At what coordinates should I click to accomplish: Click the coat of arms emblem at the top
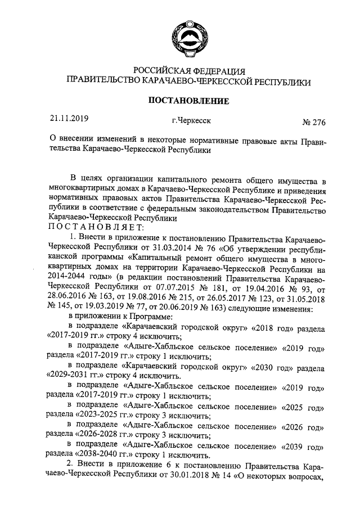tap(188, 33)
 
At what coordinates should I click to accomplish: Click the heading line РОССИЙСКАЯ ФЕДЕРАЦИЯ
tap(188, 71)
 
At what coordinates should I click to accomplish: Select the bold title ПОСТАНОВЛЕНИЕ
tap(188, 101)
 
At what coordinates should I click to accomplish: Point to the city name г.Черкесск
tap(192, 120)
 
